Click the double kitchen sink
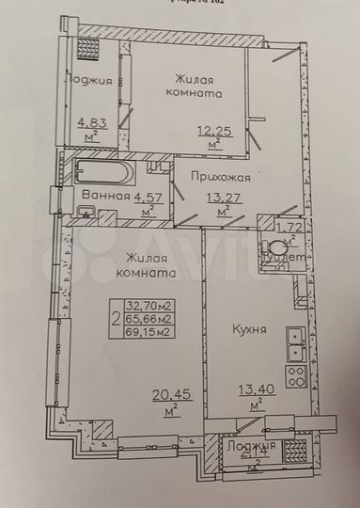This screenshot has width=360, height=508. click(296, 341)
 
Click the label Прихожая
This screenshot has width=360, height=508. click(220, 176)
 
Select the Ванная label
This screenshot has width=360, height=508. click(104, 196)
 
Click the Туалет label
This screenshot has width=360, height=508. click(283, 257)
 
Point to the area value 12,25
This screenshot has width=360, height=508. click(212, 129)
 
